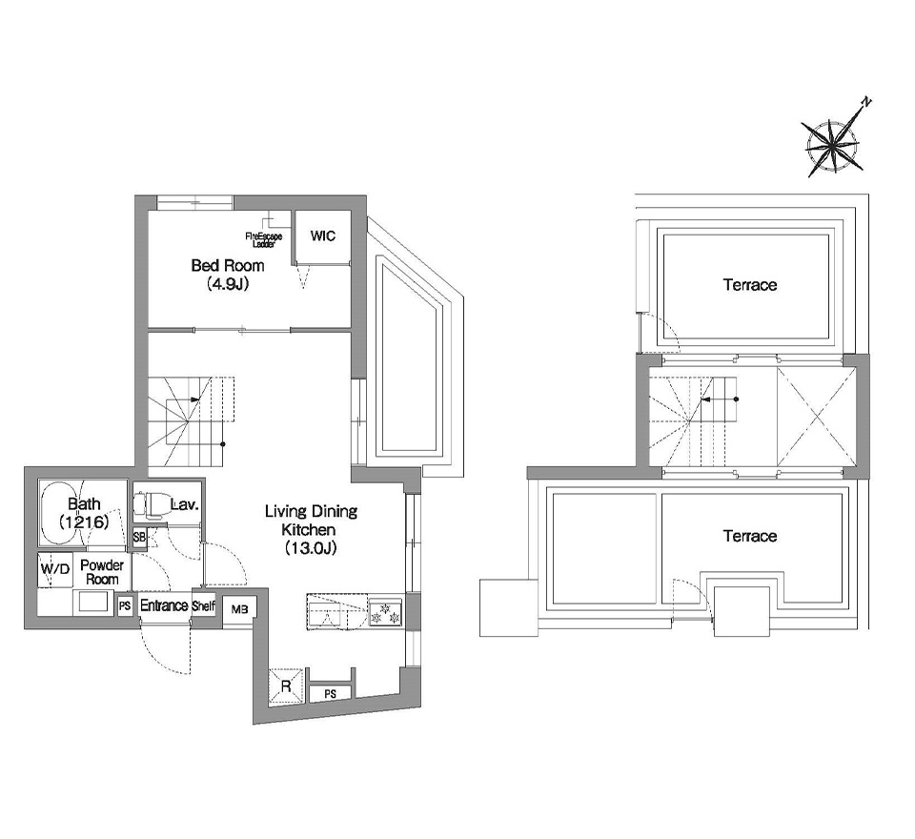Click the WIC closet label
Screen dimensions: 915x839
(x=323, y=235)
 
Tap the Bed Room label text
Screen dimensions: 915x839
(x=228, y=266)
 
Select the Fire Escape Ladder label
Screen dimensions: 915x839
(x=264, y=240)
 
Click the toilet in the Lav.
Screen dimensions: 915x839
(x=150, y=505)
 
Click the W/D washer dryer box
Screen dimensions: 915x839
(x=55, y=569)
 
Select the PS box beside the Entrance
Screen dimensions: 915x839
(x=124, y=606)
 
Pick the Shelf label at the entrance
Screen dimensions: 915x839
(x=204, y=606)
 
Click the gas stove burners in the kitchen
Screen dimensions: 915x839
(x=386, y=613)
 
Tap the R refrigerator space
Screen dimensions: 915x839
(x=286, y=686)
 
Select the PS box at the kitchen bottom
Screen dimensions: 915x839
(x=331, y=694)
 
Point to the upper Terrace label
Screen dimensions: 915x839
(x=750, y=285)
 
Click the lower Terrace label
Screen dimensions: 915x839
(x=750, y=536)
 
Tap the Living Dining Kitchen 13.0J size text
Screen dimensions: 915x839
(x=311, y=548)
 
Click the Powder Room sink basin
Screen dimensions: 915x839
(x=93, y=602)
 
